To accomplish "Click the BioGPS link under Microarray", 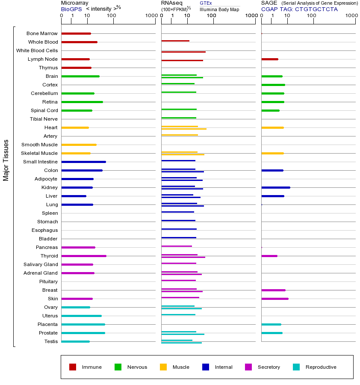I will click(x=71, y=9).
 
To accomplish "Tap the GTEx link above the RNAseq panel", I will click(x=206, y=3).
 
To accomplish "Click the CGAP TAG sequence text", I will click(x=299, y=9).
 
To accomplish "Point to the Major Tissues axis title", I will click(x=6, y=160).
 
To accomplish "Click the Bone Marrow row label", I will click(x=42, y=33).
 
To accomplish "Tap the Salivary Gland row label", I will click(x=41, y=264).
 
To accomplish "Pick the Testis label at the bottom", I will click(x=51, y=341).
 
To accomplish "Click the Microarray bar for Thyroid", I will click(x=84, y=256).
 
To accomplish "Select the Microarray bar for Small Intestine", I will click(x=83, y=162).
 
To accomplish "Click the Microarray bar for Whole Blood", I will click(x=79, y=42).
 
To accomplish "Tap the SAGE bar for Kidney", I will click(x=276, y=187).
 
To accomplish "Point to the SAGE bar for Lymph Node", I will click(x=270, y=59).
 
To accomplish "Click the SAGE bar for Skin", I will click(x=275, y=299).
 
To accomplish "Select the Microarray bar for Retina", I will click(x=82, y=102).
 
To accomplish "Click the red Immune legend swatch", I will click(x=73, y=367).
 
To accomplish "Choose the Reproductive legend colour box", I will click(x=296, y=367).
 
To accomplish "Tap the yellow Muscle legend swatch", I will click(x=163, y=367).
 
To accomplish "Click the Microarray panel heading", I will click(x=75, y=3).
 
